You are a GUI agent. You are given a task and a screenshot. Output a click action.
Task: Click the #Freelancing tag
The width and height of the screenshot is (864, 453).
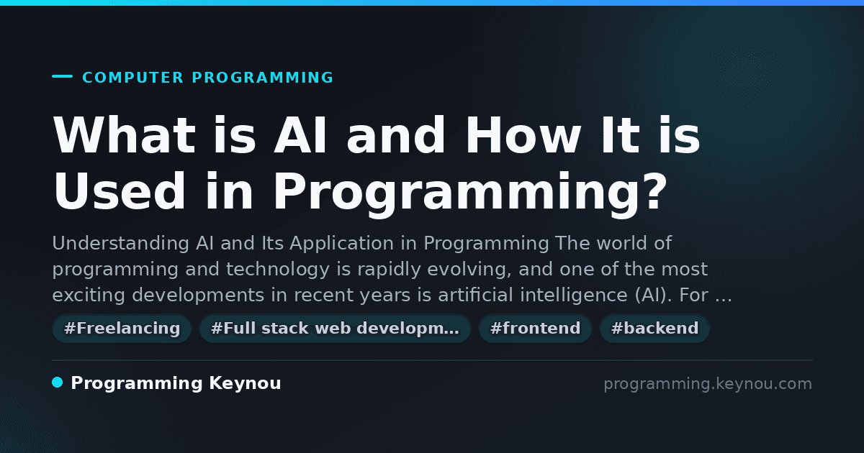coord(122,329)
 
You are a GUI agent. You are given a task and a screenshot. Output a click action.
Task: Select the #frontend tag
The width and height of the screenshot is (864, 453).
coord(535,329)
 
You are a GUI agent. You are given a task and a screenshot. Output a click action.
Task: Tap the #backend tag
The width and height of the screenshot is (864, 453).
coord(654,329)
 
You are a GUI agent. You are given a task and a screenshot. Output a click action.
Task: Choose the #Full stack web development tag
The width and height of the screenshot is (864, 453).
coord(335,329)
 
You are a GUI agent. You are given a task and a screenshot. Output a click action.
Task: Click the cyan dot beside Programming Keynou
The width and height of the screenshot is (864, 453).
coord(58,383)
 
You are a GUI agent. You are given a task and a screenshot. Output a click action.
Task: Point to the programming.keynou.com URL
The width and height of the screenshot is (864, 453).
coord(708,384)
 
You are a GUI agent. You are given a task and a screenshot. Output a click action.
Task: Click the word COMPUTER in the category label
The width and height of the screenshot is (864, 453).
coord(132,78)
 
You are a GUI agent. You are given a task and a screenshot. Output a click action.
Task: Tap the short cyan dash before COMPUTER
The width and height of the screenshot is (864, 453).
coord(62,76)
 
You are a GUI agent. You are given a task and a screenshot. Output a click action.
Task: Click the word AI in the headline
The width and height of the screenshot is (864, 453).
coord(300,135)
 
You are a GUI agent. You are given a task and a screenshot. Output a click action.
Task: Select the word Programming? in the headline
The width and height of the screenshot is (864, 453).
coord(470,192)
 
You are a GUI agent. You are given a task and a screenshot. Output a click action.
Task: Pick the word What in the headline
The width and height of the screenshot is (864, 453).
coord(125,135)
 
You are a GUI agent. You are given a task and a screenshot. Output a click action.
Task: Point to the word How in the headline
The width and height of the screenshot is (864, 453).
coord(523,135)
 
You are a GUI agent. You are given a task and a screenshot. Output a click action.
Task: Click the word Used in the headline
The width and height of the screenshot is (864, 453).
coord(120,191)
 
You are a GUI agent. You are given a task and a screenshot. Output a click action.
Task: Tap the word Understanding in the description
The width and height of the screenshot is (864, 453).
coord(120,244)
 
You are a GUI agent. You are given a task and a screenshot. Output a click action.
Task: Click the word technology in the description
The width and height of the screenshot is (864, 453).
coord(278,269)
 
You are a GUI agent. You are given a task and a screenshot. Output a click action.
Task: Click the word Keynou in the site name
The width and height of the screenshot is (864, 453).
coord(245,383)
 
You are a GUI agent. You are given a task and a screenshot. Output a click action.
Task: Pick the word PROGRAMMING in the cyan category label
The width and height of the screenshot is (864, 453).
coord(262,78)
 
